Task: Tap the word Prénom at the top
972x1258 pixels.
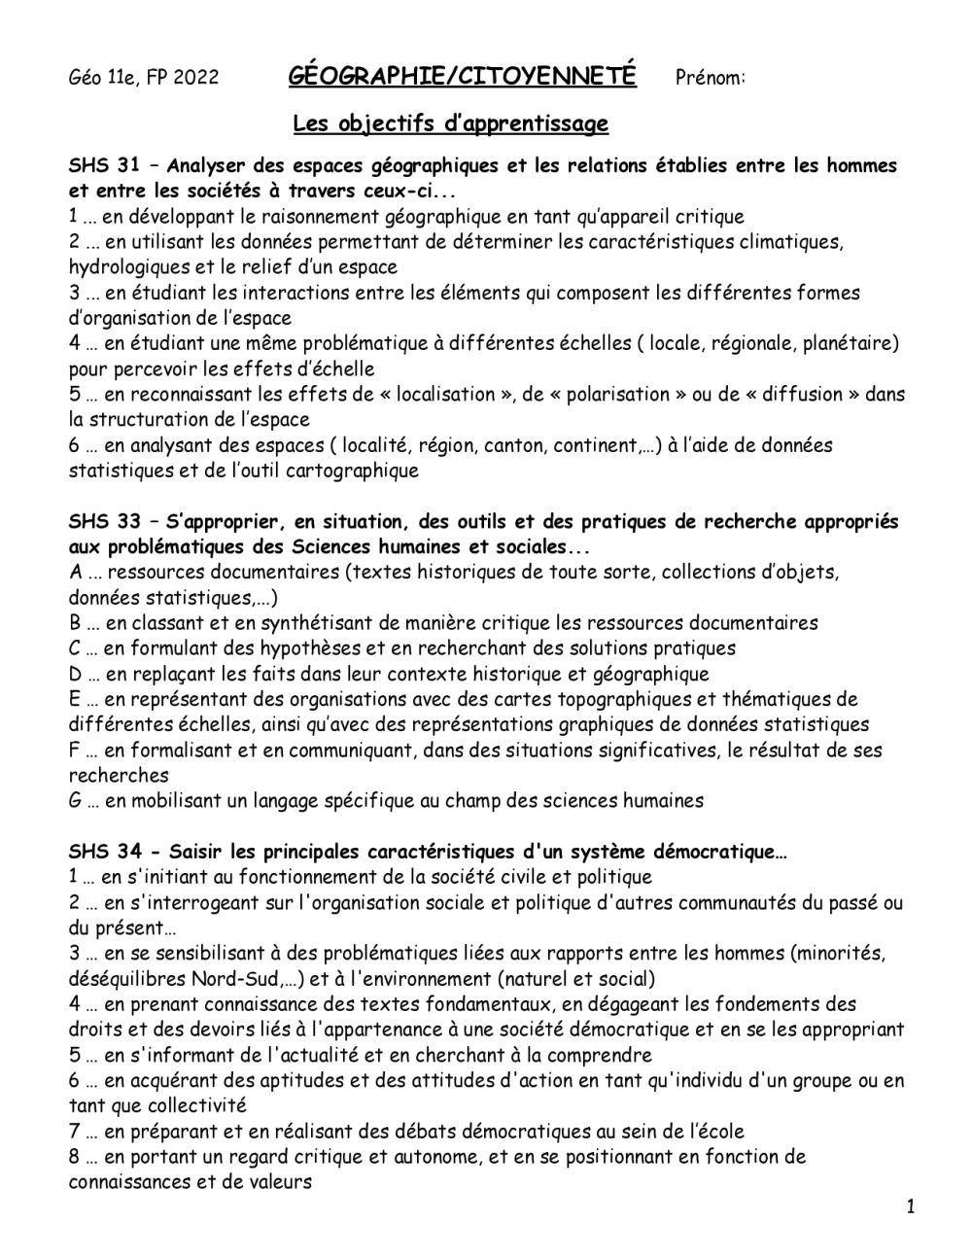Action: click(x=709, y=78)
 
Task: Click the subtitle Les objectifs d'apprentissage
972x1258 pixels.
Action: click(x=451, y=124)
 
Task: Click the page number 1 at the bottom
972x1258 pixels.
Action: click(x=911, y=1207)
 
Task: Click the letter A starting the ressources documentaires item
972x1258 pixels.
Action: click(x=75, y=573)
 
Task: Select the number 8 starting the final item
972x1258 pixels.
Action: click(x=74, y=1157)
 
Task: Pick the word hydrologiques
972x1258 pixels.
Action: click(x=124, y=267)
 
